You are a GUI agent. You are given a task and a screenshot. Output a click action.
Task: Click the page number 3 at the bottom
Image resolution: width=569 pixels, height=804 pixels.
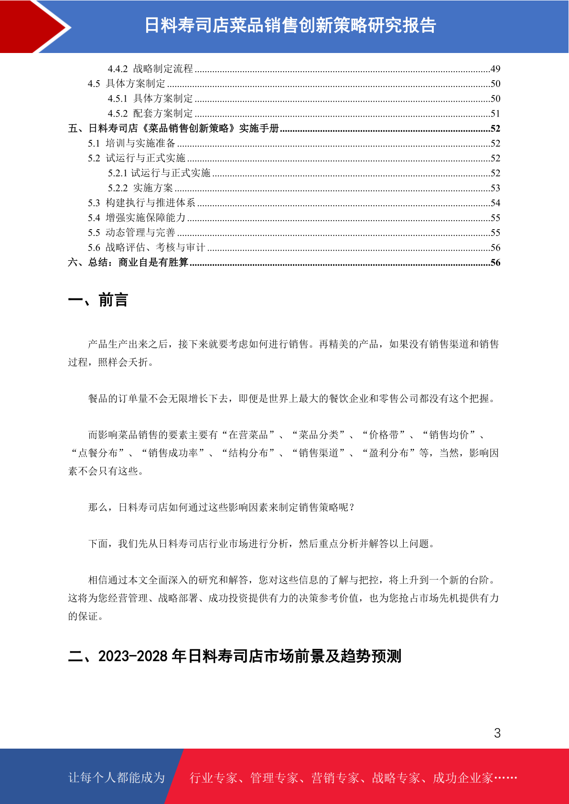[497, 733]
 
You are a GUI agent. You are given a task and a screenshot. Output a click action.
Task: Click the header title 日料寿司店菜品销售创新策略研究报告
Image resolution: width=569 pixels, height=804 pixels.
[290, 25]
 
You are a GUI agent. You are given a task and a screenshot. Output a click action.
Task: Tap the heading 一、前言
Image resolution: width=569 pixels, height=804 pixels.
[98, 300]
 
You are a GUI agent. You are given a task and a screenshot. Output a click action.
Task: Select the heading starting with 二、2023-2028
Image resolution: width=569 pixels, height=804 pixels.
[234, 656]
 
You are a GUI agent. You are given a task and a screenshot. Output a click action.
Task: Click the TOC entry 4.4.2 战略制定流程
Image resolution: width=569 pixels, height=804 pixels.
[150, 69]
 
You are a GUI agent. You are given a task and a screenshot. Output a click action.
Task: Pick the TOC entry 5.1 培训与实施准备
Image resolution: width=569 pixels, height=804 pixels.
[131, 143]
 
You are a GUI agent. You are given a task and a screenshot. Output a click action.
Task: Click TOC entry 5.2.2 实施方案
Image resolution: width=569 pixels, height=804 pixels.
[140, 188]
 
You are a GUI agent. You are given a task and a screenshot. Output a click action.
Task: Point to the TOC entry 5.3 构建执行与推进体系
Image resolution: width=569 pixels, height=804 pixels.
[141, 203]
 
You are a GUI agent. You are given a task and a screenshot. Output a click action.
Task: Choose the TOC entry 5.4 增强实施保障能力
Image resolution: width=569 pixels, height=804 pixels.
[136, 218]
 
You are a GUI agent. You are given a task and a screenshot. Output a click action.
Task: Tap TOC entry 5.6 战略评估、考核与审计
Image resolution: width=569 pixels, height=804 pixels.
[146, 247]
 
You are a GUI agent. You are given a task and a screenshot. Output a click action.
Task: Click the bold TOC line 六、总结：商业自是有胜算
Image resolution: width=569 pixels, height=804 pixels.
[128, 263]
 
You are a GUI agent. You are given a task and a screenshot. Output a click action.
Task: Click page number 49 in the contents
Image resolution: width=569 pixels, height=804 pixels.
[495, 69]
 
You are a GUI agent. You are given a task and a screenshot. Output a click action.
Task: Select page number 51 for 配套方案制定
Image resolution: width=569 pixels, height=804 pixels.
[495, 114]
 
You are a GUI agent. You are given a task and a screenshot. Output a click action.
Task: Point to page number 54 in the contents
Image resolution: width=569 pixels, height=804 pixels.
[495, 203]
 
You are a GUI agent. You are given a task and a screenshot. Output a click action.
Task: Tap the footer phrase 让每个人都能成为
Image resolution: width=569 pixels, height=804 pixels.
[117, 778]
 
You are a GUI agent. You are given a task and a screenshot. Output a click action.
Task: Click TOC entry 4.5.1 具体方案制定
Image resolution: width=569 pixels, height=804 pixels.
[150, 99]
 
